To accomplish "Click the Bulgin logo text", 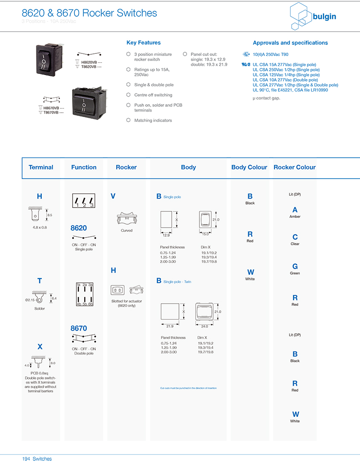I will pyautogui.click(x=324, y=17).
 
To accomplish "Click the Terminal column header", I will pyautogui.click(x=41, y=167).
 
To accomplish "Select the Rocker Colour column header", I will pyautogui.click(x=294, y=167).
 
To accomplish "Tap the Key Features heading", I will pyautogui.click(x=143, y=43).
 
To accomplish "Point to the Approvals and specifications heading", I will pyautogui.click(x=290, y=43).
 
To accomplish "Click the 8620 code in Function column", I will pyautogui.click(x=79, y=228).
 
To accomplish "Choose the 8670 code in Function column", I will pyautogui.click(x=79, y=328).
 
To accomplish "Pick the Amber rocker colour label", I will pyautogui.click(x=295, y=217).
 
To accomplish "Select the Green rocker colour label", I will pyautogui.click(x=295, y=273).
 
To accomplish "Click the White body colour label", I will pyautogui.click(x=250, y=279).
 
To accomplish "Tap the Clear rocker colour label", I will pyautogui.click(x=295, y=244).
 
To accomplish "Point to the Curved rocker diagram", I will pyautogui.click(x=126, y=218).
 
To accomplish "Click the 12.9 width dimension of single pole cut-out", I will pyautogui.click(x=166, y=235).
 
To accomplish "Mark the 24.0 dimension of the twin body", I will pyautogui.click(x=205, y=327).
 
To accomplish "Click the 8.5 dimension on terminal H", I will pyautogui.click(x=50, y=215).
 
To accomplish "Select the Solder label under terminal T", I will pyautogui.click(x=40, y=309).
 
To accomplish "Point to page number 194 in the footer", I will pyautogui.click(x=26, y=459).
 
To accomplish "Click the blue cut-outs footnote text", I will pyautogui.click(x=188, y=388).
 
